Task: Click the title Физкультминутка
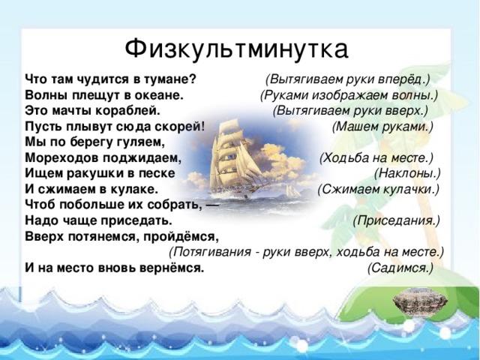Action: point(236,49)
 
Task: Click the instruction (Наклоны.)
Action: point(407,174)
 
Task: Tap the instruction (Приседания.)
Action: point(397,221)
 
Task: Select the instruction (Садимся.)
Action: point(400,268)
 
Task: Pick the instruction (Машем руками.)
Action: point(382,127)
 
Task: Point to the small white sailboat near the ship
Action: point(292,191)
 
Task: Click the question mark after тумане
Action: point(193,79)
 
